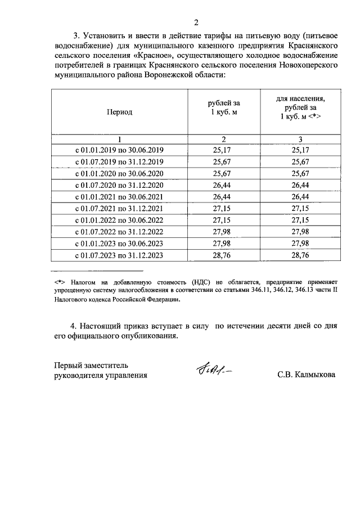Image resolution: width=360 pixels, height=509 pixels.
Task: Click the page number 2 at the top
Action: coord(196,22)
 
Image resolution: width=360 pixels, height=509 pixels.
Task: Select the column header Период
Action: coord(119,112)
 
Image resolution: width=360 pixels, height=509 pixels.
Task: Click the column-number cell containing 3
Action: coord(300,139)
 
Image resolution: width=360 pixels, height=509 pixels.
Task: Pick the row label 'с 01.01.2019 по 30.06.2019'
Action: coord(119,150)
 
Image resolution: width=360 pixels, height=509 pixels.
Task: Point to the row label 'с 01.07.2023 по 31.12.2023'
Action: coord(119,255)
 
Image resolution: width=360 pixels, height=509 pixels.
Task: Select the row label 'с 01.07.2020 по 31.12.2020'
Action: coord(119,185)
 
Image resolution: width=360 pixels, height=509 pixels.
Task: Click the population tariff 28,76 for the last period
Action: coord(300,255)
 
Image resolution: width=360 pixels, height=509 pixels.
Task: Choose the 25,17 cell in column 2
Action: coord(223,150)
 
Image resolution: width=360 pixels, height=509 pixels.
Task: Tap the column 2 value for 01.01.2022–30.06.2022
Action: coord(223,220)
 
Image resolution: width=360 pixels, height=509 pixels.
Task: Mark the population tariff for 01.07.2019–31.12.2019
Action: coord(300,161)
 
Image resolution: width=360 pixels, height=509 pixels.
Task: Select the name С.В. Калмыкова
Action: coord(306,375)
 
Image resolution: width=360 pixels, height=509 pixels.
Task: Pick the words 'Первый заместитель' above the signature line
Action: coord(91,364)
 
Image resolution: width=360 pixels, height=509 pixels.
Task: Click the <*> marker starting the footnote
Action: coord(60,280)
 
